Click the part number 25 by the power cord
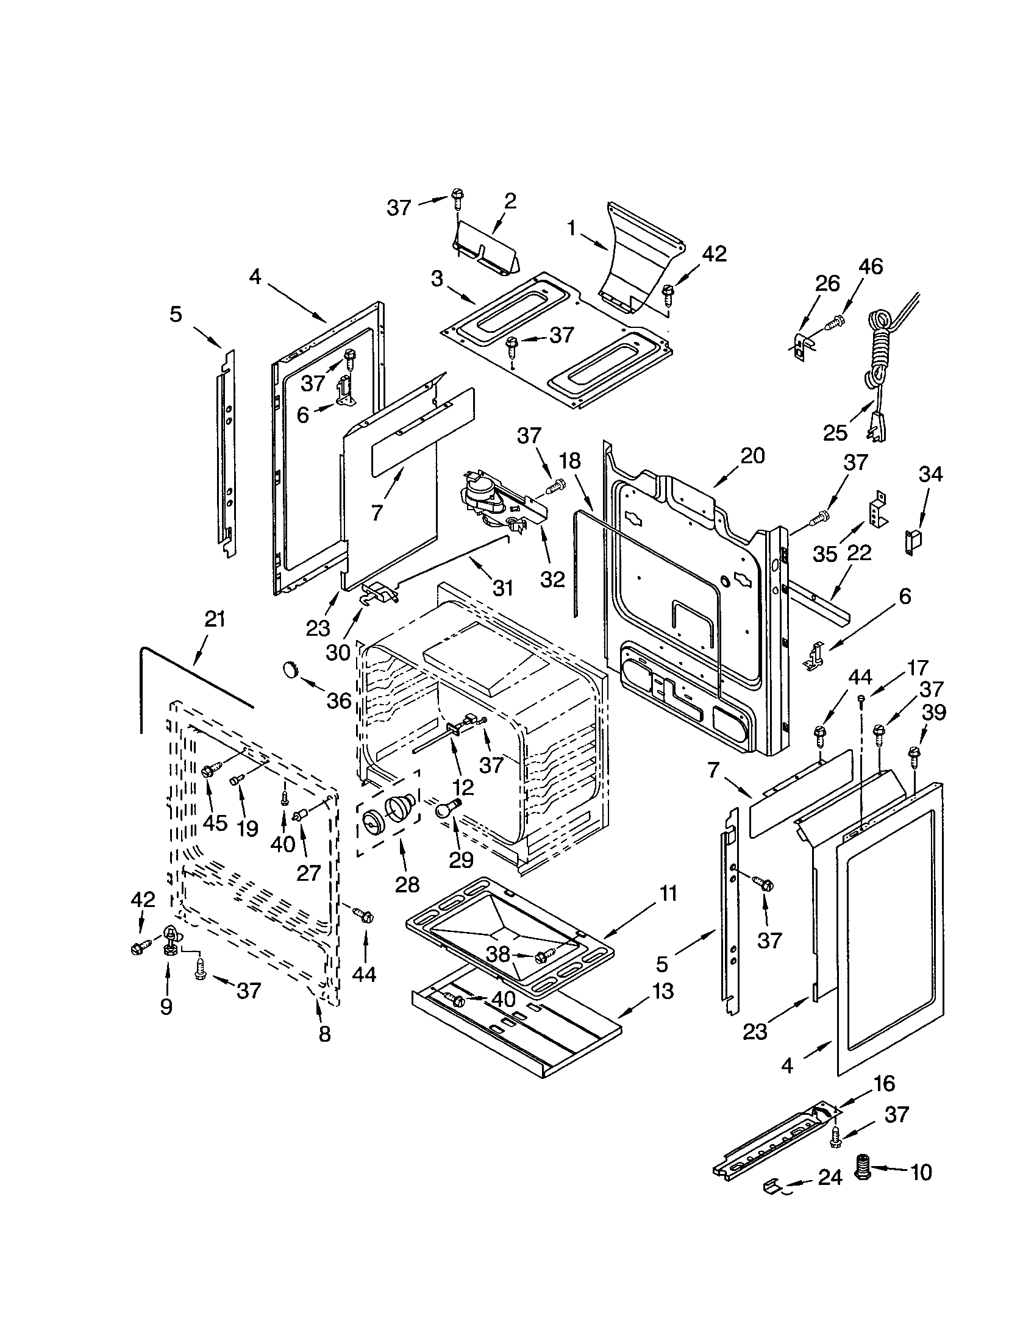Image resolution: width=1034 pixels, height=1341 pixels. (835, 433)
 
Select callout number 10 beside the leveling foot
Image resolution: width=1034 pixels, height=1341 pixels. (921, 1172)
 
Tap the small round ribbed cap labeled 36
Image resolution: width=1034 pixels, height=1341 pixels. (289, 669)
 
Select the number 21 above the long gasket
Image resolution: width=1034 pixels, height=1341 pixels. (215, 619)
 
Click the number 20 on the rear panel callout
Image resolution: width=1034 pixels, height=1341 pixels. (752, 455)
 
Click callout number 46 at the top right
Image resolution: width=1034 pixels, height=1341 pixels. (871, 266)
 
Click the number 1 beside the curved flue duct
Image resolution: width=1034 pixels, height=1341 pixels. (571, 229)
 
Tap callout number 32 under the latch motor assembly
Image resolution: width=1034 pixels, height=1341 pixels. (552, 579)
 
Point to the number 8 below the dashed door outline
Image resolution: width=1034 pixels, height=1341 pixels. (325, 1034)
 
